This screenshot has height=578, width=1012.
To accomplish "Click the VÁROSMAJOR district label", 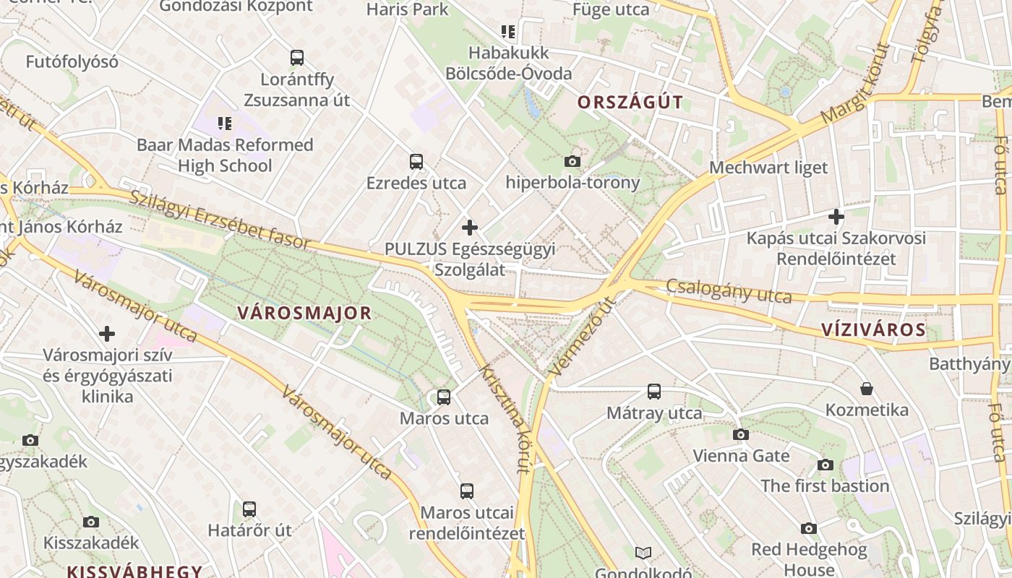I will pos(304,313).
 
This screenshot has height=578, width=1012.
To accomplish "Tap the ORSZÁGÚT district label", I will pos(630,102).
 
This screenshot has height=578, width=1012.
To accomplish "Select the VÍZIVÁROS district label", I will pos(873,330).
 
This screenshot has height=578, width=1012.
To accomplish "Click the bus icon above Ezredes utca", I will pos(416,162).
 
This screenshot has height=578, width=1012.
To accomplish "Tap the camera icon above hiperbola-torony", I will pos(573,161).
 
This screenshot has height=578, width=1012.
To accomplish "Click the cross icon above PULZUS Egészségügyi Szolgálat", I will pos(470,228).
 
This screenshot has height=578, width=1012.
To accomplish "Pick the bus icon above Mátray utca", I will pos(654,392).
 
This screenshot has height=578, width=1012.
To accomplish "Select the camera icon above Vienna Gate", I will pos(741,434).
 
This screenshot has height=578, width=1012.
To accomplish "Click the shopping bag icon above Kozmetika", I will pos(867,389).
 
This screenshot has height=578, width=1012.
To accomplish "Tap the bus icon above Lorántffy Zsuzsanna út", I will pos(296,58).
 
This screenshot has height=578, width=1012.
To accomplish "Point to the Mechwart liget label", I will pos(768,168).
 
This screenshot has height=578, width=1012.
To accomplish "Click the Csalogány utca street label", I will pos(729,290).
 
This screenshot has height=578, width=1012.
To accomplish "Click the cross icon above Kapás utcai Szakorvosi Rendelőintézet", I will pos(836,216).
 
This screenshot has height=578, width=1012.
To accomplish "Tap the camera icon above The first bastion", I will pos(825,465).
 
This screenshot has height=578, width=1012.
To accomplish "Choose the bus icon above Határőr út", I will pos(249,509).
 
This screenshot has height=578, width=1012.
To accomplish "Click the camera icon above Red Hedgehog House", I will pos(809,528).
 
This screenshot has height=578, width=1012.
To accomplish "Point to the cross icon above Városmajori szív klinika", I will pos(107,334).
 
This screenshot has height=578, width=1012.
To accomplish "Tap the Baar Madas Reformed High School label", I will pos(225,155).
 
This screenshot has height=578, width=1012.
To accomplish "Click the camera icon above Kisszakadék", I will pos(91,522).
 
